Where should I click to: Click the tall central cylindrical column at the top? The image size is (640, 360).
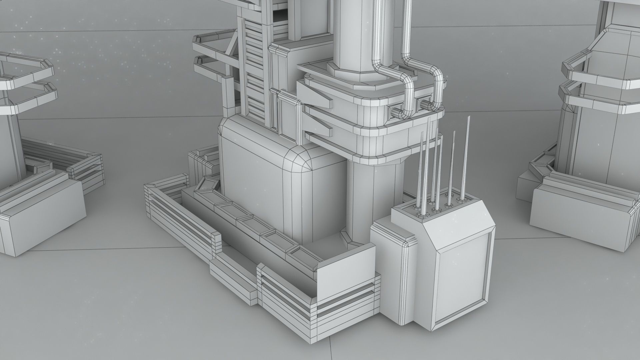click(x=350, y=33)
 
